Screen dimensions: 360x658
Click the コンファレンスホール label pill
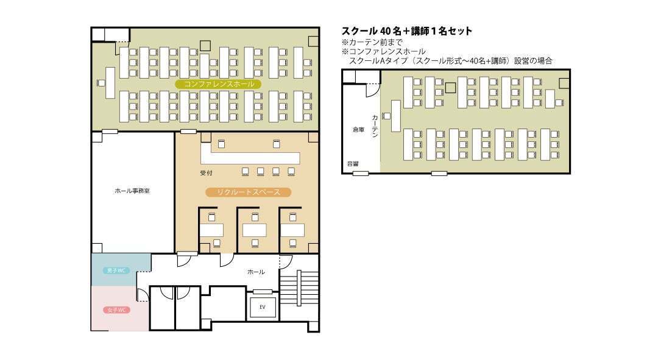pyautogui.click(x=218, y=84)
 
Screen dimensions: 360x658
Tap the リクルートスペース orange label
pyautogui.click(x=248, y=192)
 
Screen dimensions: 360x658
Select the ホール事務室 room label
pyautogui.click(x=132, y=191)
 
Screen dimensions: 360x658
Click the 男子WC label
pyautogui.click(x=116, y=270)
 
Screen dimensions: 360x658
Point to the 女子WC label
pyautogui.click(x=116, y=310)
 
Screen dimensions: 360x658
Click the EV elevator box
pyautogui.click(x=263, y=307)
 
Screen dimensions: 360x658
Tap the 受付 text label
pyautogui.click(x=207, y=173)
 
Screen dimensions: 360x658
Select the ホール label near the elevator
pyautogui.click(x=256, y=272)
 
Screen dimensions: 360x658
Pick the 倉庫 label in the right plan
pyautogui.click(x=358, y=130)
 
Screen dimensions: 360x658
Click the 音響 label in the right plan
pyautogui.click(x=353, y=163)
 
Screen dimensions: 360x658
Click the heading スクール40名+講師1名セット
pyautogui.click(x=406, y=31)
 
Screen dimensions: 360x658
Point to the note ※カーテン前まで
pyautogui.click(x=372, y=42)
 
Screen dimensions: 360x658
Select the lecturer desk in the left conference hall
pyautogui.click(x=110, y=82)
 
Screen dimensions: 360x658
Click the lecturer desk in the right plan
pyautogui.click(x=396, y=116)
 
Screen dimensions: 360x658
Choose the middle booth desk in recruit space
pyautogui.click(x=255, y=230)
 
